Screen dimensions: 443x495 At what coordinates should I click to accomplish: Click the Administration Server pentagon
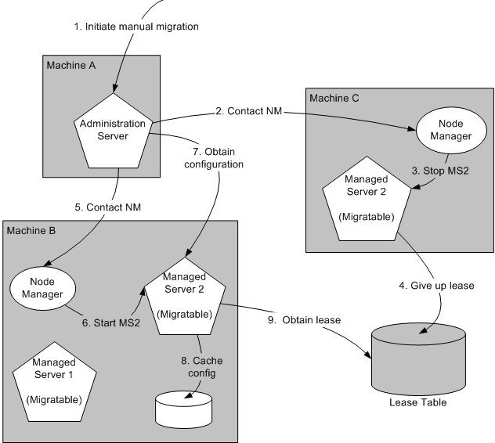(x=115, y=131)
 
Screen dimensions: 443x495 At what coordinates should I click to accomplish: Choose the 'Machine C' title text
(x=333, y=98)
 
